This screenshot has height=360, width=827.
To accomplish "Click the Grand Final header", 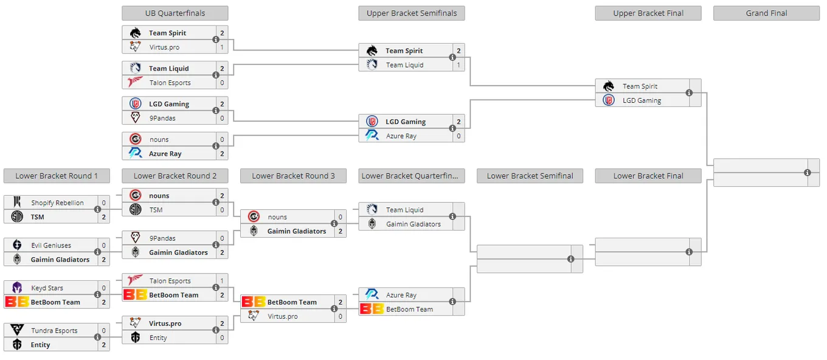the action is click(766, 13).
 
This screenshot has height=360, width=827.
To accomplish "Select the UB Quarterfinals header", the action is click(175, 13).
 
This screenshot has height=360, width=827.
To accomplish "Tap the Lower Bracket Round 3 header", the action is click(293, 176).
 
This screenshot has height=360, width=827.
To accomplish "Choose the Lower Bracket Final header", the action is click(648, 176).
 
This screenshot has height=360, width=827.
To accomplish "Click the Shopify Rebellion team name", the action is click(57, 202).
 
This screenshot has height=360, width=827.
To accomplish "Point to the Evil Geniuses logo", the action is click(17, 245).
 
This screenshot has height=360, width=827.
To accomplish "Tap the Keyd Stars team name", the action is click(47, 288).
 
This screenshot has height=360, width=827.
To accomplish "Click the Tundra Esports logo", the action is click(17, 330).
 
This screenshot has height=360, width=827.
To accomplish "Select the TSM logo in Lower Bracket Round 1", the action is click(17, 216).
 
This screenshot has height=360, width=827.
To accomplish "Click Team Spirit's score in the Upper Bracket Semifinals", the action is click(458, 50).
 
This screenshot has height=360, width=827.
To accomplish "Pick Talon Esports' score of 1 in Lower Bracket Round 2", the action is click(222, 280).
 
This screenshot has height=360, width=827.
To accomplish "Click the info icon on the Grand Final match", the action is click(808, 173).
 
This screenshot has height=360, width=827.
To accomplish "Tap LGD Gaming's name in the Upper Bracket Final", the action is click(642, 100).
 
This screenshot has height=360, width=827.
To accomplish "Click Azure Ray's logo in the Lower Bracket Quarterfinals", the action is click(372, 294).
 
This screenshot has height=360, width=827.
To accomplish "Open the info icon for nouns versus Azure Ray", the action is click(216, 146).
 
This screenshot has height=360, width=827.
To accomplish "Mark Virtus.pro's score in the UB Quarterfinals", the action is click(222, 47).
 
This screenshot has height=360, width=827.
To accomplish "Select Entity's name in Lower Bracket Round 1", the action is click(40, 345).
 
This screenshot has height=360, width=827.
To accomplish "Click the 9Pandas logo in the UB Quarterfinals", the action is click(136, 117).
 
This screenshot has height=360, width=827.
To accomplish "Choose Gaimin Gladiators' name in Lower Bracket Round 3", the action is click(297, 231).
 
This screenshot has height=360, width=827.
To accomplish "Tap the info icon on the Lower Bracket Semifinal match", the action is click(571, 259).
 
